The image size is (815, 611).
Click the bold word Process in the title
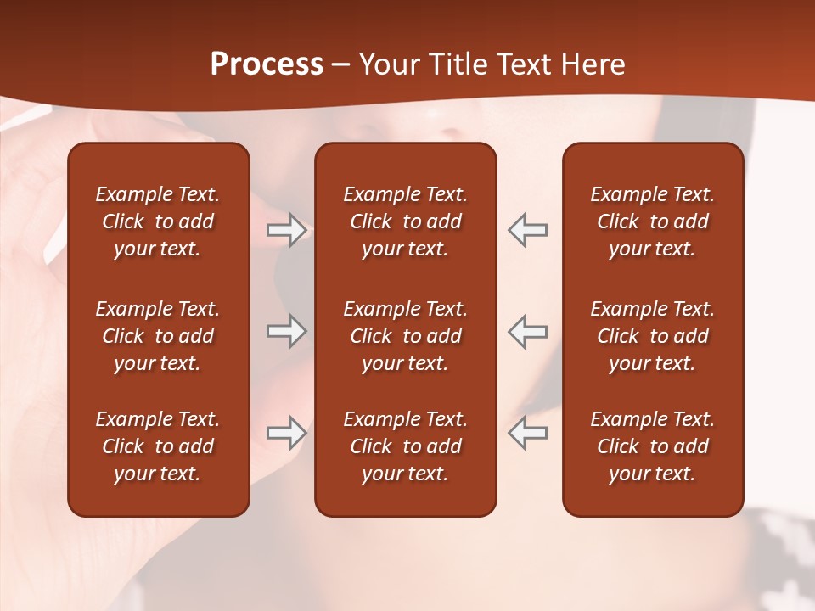click(267, 64)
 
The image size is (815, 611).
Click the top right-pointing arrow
click(286, 230)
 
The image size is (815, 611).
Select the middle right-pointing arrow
click(286, 331)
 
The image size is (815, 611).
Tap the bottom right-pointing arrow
click(286, 433)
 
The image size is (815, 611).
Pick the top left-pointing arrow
click(528, 230)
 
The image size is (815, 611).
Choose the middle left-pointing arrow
click(528, 331)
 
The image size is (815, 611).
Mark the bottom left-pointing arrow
click(528, 433)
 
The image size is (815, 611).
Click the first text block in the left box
click(158, 221)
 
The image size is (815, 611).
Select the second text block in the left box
click(158, 336)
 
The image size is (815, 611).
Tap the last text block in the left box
click(158, 446)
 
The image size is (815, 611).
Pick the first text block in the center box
click(405, 221)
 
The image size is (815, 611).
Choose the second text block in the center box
click(405, 336)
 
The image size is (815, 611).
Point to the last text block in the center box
click(405, 446)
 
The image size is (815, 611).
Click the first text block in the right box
click(652, 221)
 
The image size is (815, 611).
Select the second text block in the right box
click(652, 336)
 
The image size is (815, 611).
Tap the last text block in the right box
click(652, 446)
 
